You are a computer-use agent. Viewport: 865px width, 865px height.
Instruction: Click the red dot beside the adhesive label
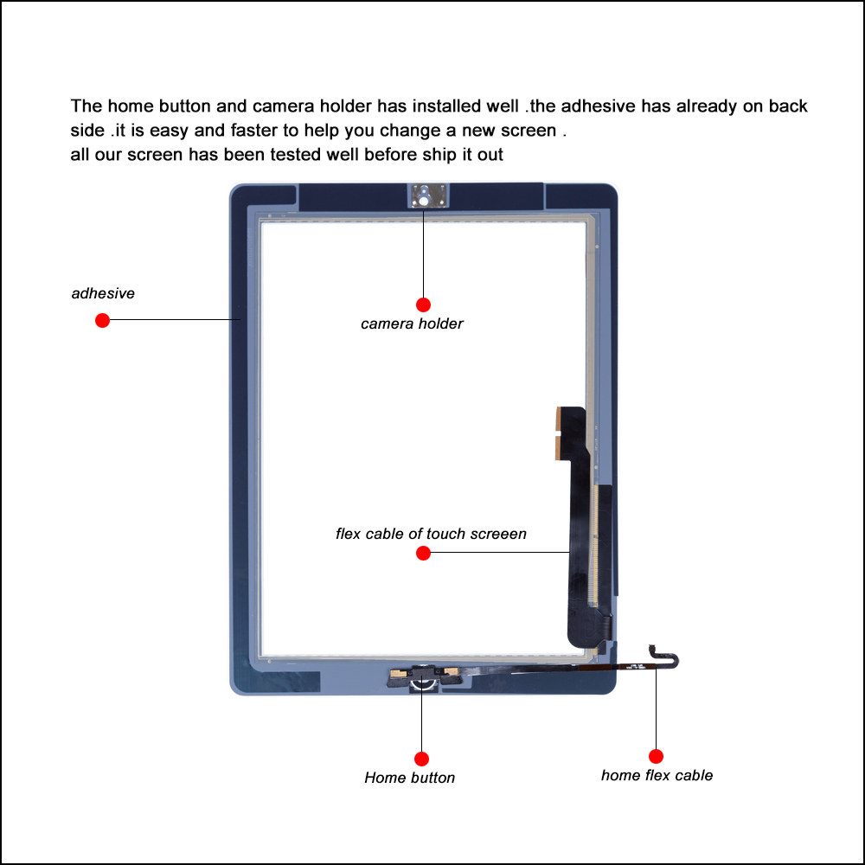click(102, 320)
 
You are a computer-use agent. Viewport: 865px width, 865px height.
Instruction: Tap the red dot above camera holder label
click(423, 304)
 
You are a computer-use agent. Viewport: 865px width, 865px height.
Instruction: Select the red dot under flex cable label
click(423, 553)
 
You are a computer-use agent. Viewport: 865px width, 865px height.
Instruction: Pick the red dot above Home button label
click(421, 759)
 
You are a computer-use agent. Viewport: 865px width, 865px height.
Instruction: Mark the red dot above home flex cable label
click(656, 756)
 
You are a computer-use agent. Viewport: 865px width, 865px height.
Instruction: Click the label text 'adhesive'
click(103, 293)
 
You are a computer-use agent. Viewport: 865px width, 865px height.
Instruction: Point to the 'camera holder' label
click(412, 324)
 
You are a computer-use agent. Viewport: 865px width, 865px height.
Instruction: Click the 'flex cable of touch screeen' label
click(431, 534)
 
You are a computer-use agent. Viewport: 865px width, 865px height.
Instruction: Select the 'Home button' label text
click(409, 778)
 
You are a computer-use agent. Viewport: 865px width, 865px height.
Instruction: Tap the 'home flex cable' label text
click(657, 775)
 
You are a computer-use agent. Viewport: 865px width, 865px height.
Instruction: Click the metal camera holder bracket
click(424, 195)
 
